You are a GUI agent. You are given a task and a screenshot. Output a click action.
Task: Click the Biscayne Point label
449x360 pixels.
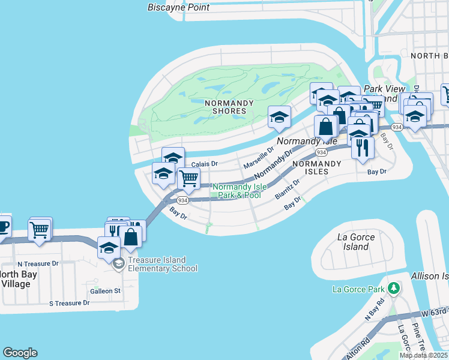[x=179, y=7]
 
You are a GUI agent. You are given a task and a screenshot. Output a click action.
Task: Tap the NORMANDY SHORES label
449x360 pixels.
[x=226, y=107]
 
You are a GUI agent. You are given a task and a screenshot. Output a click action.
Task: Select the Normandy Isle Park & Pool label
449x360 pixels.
[x=240, y=191]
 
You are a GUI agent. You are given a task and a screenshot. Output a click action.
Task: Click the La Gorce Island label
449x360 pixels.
[x=356, y=242]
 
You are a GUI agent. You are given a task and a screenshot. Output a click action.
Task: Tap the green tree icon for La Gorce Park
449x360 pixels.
[x=394, y=289]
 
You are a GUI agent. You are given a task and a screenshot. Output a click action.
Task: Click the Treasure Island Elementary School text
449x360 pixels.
[x=163, y=265]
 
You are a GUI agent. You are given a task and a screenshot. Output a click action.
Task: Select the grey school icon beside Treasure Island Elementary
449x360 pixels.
[x=119, y=263]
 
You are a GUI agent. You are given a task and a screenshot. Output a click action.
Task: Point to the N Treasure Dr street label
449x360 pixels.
[x=38, y=263]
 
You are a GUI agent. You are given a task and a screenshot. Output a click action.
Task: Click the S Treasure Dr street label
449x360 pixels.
[x=69, y=303]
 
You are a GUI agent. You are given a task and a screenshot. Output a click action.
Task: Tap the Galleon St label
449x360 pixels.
[x=105, y=291]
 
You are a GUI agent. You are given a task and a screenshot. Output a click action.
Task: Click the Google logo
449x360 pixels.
[x=20, y=353]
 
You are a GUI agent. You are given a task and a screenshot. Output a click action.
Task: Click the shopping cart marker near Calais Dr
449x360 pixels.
[x=188, y=178]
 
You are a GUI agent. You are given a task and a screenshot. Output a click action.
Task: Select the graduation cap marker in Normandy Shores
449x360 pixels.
[x=279, y=117]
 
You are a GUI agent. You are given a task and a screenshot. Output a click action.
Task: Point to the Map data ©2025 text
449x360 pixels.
[x=423, y=355]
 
